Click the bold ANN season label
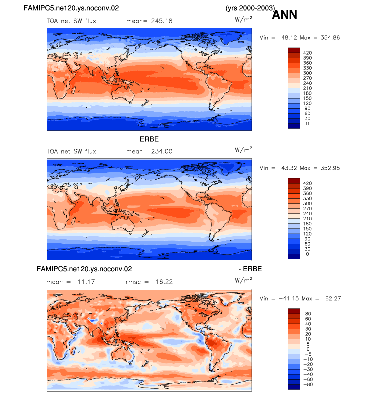click(284, 14)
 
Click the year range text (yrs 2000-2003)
click(250, 8)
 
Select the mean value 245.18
click(162, 21)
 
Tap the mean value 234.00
click(162, 151)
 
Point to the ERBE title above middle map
click(149, 139)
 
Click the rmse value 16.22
click(164, 282)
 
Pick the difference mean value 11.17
click(86, 282)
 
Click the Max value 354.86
click(330, 38)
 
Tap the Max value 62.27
click(333, 299)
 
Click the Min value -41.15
click(289, 299)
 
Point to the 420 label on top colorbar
click(307, 53)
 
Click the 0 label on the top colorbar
click(307, 124)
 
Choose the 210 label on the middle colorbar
click(307, 219)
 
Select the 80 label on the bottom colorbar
click(308, 314)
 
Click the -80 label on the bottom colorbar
click(308, 384)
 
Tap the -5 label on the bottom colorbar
click(308, 354)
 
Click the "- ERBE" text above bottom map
click(250, 269)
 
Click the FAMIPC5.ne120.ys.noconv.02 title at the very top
click(71, 8)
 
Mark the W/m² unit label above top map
click(243, 19)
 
